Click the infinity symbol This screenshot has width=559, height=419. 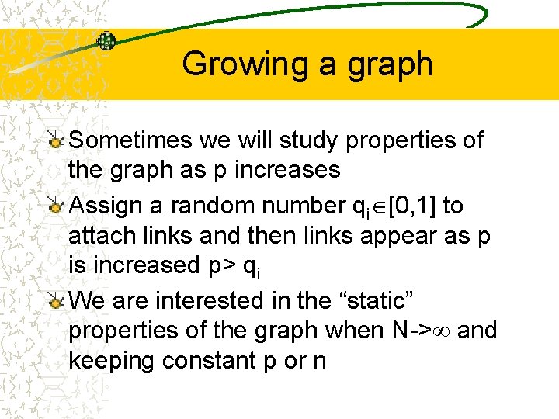(441, 331)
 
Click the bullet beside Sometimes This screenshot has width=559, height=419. (55, 140)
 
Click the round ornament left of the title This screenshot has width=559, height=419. (106, 40)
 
